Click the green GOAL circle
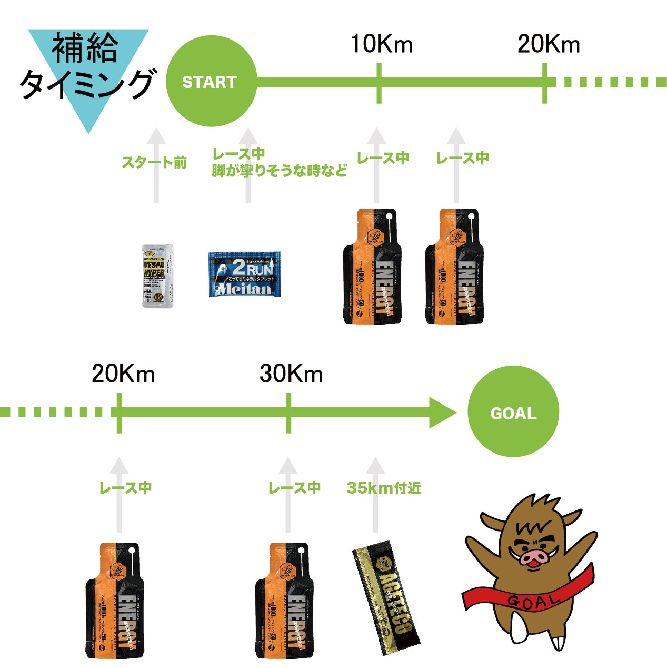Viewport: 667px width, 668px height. click(x=513, y=412)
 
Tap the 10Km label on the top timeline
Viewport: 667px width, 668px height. click(x=381, y=44)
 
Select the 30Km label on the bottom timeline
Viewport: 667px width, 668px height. click(x=291, y=374)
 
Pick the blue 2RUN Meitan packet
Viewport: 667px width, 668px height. click(x=244, y=274)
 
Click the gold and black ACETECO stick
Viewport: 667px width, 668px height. click(x=386, y=597)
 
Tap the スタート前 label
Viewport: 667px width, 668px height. click(x=154, y=162)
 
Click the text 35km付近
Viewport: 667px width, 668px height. click(x=384, y=488)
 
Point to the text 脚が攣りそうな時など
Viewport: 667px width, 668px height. click(x=279, y=171)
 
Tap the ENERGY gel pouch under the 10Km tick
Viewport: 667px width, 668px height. click(x=372, y=266)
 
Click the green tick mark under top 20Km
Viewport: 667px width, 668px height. click(x=545, y=83)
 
